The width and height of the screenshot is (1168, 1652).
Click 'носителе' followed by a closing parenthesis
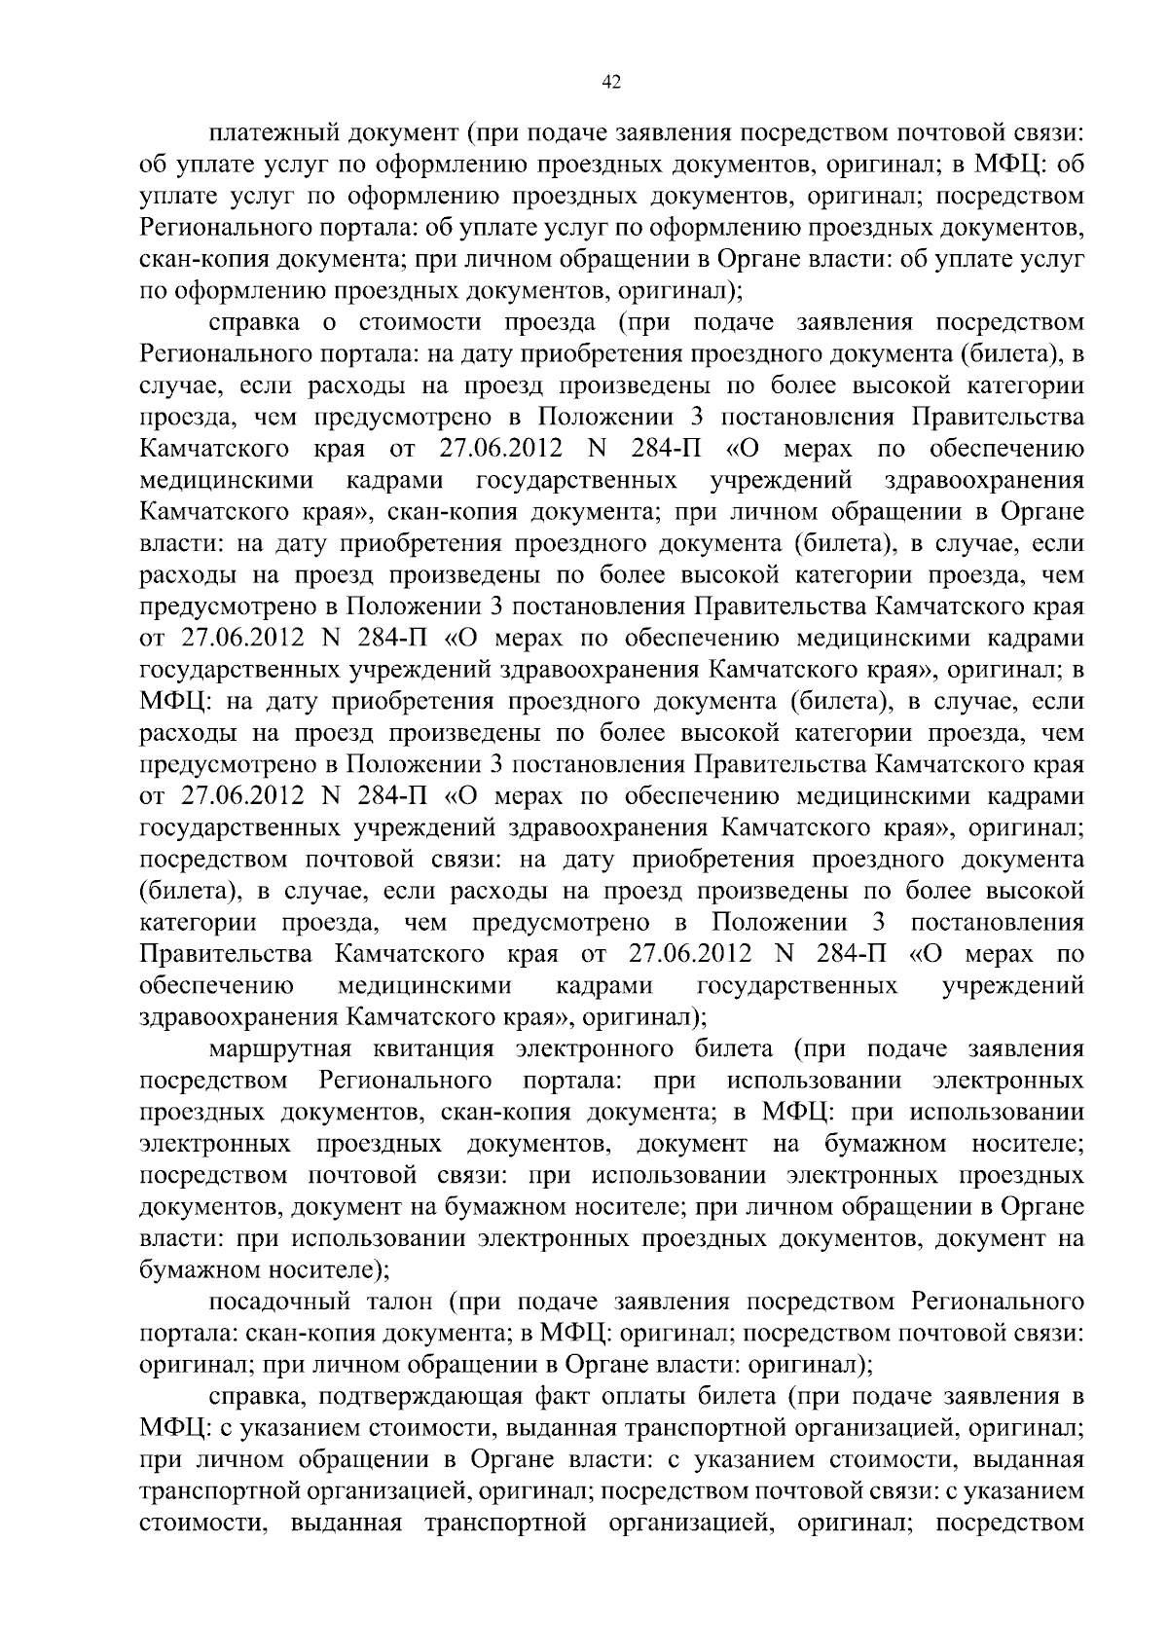tap(321, 1269)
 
